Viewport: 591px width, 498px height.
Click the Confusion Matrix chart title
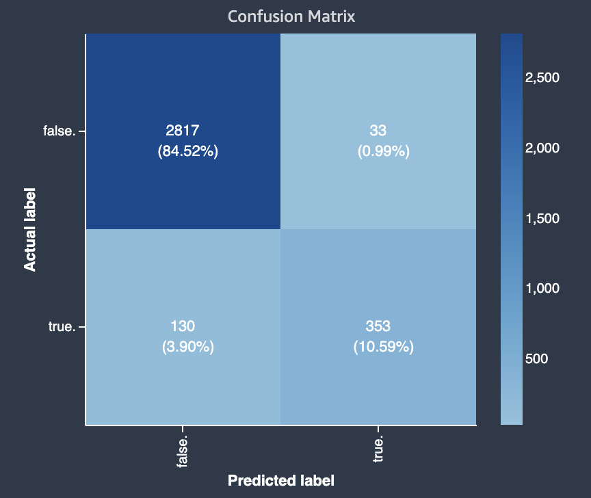[291, 16]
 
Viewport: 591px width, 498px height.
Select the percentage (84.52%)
[188, 151]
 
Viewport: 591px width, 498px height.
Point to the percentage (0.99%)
[383, 151]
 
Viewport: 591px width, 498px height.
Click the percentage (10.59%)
[383, 347]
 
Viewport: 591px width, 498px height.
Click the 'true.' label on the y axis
[62, 327]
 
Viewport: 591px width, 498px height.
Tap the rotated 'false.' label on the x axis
[182, 449]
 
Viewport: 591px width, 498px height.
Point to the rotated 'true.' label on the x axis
[378, 447]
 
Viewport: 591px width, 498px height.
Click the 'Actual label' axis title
[30, 229]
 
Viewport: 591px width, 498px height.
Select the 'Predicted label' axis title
[281, 481]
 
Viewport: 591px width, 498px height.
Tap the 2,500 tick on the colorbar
[542, 77]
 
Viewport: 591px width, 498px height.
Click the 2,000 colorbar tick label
[542, 148]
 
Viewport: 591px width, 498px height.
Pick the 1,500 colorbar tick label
[542, 218]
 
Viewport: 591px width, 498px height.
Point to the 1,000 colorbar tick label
[542, 288]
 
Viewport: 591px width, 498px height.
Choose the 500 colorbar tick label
[537, 358]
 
